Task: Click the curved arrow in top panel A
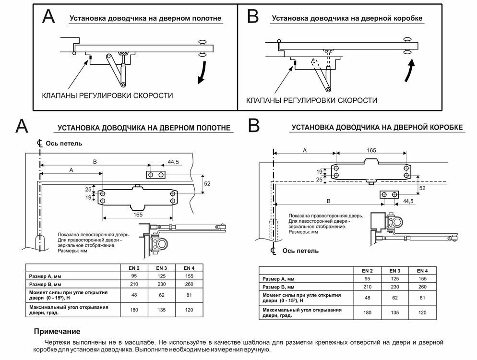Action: click(x=204, y=72)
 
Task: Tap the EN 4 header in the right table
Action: click(x=422, y=271)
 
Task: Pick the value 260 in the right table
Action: click(x=422, y=287)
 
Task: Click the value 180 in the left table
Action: click(x=134, y=310)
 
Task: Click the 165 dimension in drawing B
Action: click(x=371, y=151)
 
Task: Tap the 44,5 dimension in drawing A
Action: click(x=173, y=163)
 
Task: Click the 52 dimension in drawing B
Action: click(x=422, y=188)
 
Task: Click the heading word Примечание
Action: click(x=57, y=332)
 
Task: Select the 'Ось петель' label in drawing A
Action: click(x=63, y=143)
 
